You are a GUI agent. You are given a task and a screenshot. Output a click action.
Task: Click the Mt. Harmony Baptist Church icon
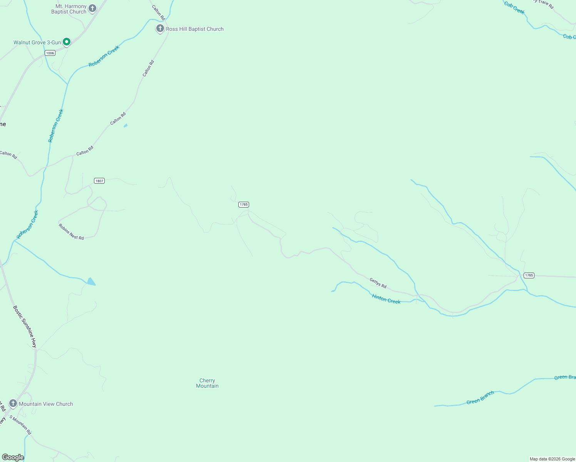pyautogui.click(x=92, y=8)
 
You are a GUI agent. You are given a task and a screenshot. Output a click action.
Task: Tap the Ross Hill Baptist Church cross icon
pyautogui.click(x=160, y=28)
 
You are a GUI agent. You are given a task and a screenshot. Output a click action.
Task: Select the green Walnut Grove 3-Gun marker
pyautogui.click(x=67, y=42)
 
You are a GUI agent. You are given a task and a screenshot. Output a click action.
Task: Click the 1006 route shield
pyautogui.click(x=50, y=53)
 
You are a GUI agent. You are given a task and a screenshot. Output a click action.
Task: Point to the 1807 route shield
pyautogui.click(x=99, y=181)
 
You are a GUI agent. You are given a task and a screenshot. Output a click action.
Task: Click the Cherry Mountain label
pyautogui.click(x=207, y=383)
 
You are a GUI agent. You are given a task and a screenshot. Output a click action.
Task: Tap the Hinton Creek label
pyautogui.click(x=386, y=299)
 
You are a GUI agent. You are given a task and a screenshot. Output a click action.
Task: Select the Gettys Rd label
pyautogui.click(x=378, y=283)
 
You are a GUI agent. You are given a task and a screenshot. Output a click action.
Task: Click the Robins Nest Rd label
pyautogui.click(x=71, y=232)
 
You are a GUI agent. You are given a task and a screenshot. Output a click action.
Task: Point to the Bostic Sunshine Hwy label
pyautogui.click(x=25, y=326)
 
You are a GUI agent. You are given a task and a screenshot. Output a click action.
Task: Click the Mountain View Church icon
pyautogui.click(x=13, y=403)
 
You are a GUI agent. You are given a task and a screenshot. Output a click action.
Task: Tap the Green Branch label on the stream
pyautogui.click(x=480, y=398)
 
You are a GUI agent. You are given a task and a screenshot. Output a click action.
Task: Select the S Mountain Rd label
pyautogui.click(x=20, y=425)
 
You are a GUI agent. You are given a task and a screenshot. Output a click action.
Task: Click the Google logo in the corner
pyautogui.click(x=13, y=457)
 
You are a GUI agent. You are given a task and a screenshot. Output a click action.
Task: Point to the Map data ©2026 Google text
pyautogui.click(x=552, y=459)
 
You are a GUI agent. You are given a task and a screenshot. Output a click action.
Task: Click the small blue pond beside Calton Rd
pyautogui.click(x=125, y=126)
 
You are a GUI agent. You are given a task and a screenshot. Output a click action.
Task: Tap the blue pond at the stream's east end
pyautogui.click(x=91, y=282)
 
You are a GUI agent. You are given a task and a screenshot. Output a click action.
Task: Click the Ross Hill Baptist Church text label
pyautogui.click(x=194, y=29)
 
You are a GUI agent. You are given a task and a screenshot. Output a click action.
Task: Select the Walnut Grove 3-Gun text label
pyautogui.click(x=37, y=42)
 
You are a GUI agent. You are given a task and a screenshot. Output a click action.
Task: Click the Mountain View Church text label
pyautogui.click(x=46, y=404)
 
